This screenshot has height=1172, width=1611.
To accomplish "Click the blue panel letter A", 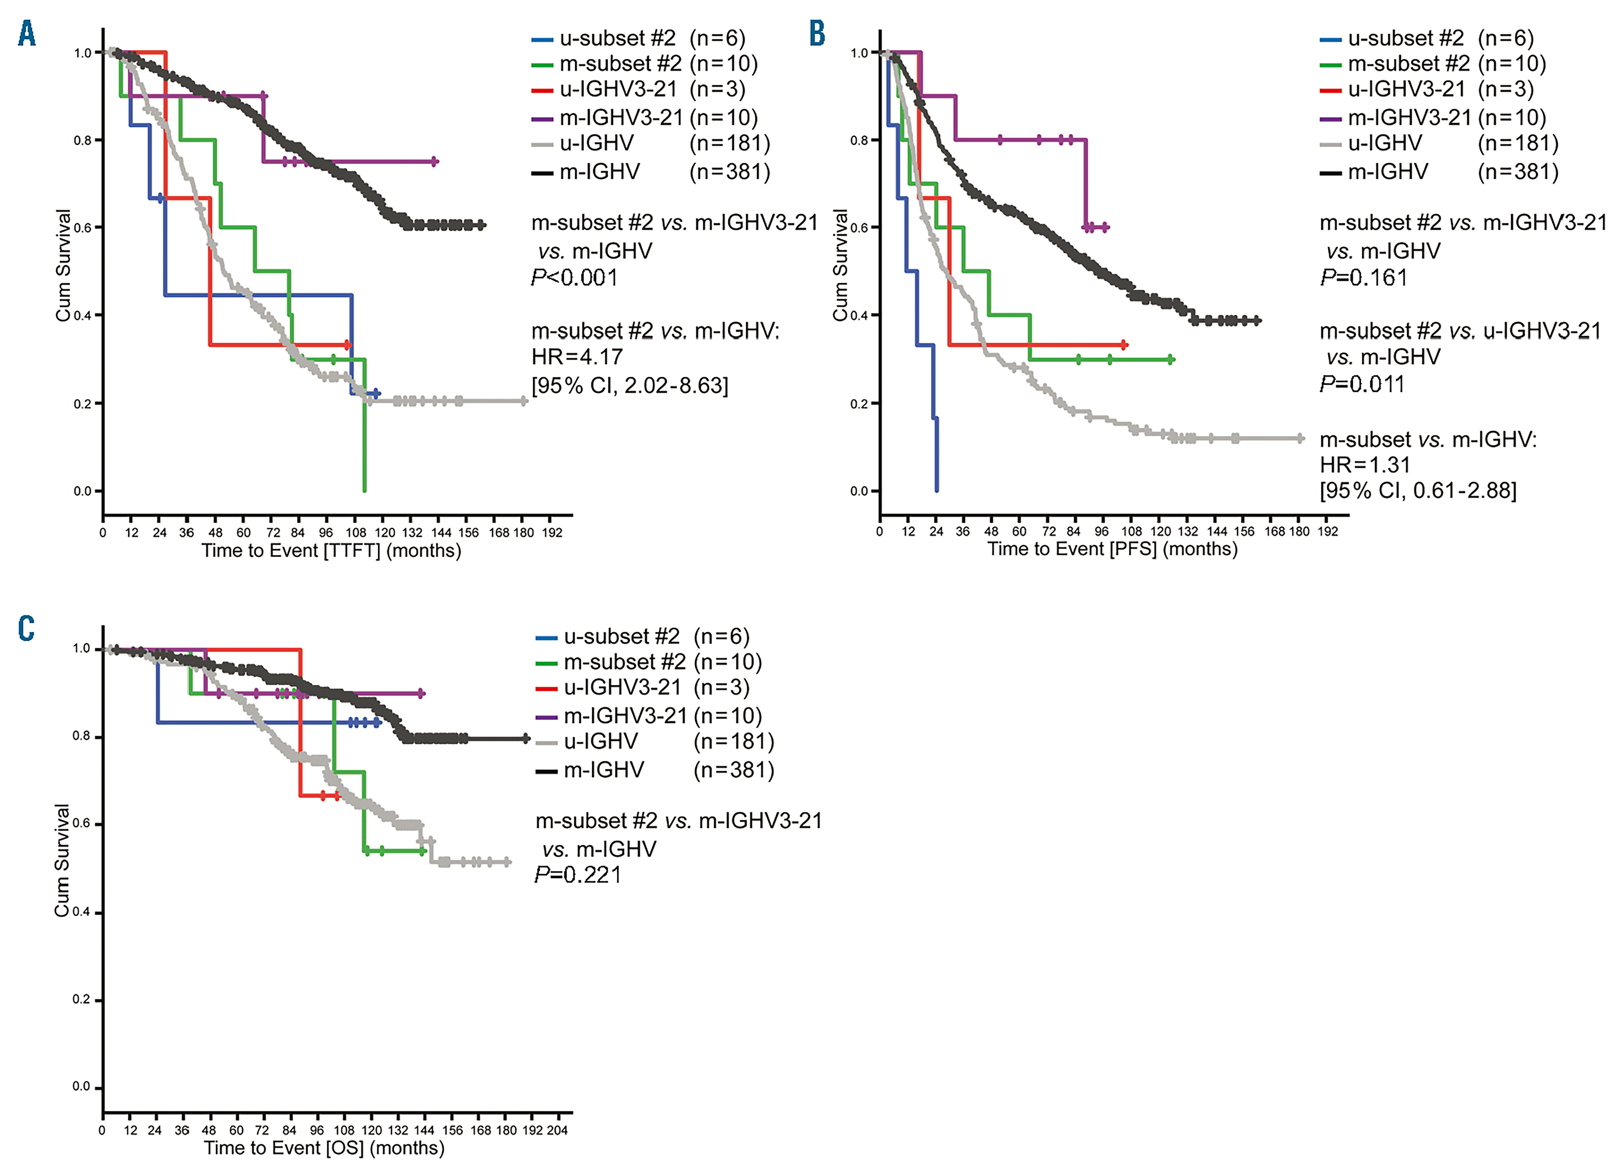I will [27, 33].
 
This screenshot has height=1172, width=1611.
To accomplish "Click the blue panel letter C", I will [26, 629].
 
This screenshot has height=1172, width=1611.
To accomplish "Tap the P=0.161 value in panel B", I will [1363, 278].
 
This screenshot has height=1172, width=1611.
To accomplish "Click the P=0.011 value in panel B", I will [1362, 384].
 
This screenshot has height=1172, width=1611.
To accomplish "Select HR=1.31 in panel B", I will [1365, 465].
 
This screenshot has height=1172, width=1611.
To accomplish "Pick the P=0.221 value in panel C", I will [577, 875].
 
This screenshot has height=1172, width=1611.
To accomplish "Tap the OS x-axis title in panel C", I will [324, 1148].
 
